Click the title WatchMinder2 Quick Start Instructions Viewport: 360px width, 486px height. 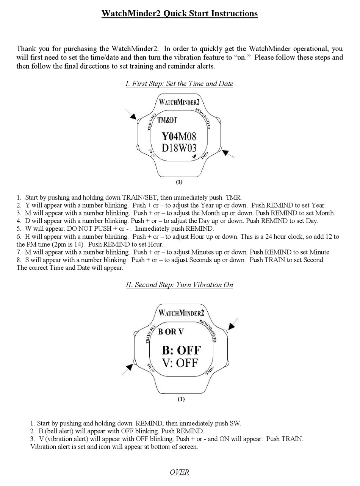click(x=180, y=14)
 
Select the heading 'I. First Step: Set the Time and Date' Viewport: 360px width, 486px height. click(x=180, y=83)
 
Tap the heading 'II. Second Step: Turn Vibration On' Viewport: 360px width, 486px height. click(x=180, y=284)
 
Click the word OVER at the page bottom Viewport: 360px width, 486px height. click(x=180, y=472)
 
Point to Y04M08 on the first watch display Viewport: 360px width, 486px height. click(x=179, y=136)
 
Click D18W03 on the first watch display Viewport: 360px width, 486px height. click(x=179, y=148)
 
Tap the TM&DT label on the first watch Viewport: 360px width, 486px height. click(x=167, y=120)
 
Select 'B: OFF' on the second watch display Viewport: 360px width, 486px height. click(x=181, y=350)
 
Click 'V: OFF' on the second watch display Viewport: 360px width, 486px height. click(x=180, y=363)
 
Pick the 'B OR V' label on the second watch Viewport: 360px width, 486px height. click(x=171, y=332)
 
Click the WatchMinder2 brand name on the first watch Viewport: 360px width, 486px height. click(x=179, y=102)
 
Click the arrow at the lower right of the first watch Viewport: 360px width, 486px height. click(x=227, y=153)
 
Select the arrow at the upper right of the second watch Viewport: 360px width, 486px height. click(x=232, y=325)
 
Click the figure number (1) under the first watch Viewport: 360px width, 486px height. click(x=179, y=182)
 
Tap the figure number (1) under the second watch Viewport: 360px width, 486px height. click(x=181, y=399)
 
